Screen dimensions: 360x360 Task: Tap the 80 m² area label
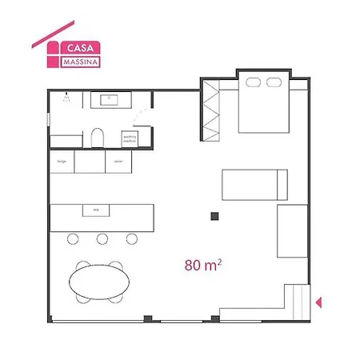tap(202, 265)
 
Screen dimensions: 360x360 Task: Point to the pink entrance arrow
tap(318, 302)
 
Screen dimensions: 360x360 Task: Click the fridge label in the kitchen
tap(61, 161)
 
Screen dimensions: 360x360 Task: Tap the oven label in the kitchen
tap(118, 161)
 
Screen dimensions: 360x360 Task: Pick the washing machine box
tap(130, 138)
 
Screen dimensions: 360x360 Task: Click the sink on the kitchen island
tap(96, 210)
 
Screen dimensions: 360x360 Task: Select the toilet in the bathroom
tap(97, 138)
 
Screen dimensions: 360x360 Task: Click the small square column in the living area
tap(214, 216)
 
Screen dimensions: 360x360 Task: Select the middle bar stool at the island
tap(102, 238)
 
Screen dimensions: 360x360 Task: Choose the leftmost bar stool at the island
tap(73, 238)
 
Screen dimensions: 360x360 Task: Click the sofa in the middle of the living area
tap(254, 185)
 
